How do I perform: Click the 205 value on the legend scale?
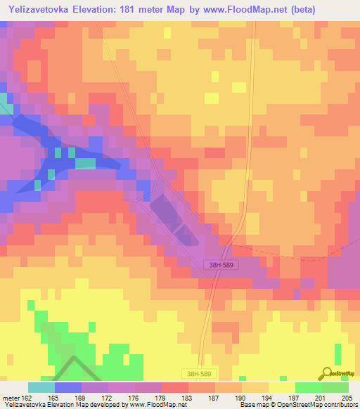tap(346, 398)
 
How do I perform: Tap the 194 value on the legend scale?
tap(266, 398)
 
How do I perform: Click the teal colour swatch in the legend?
tap(41, 387)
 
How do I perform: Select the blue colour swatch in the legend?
tap(67, 387)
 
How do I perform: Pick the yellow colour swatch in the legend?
tap(281, 387)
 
